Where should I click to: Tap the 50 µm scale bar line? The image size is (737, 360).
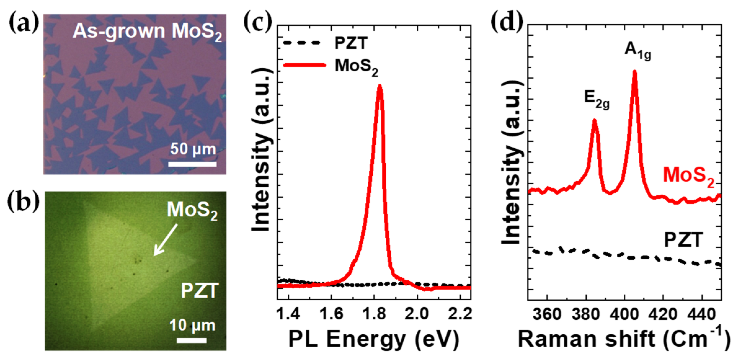pyautogui.click(x=193, y=164)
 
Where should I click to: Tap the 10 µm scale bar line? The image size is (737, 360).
pyautogui.click(x=192, y=340)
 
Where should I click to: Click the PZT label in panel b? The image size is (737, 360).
pyautogui.click(x=200, y=291)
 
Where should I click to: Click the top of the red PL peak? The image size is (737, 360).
pyautogui.click(x=379, y=87)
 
